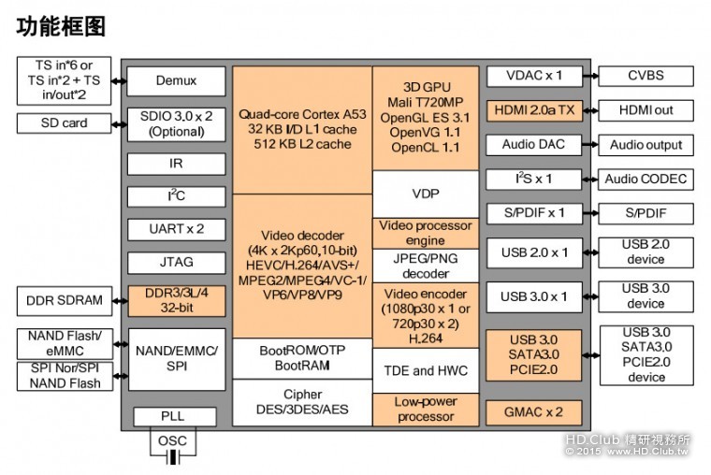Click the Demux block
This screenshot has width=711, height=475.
point(175,81)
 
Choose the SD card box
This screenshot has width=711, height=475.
point(63,122)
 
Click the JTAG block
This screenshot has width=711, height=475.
point(175,263)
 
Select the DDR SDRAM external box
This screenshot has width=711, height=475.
point(63,301)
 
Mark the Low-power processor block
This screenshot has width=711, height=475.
point(426,409)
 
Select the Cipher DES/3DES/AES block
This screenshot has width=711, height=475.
point(301,402)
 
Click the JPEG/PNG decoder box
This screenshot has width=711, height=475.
point(426,266)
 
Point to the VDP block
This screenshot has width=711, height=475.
point(426,194)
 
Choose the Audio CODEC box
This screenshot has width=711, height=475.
point(646,179)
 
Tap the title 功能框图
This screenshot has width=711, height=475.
point(61,26)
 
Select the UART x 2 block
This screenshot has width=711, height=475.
point(175,228)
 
